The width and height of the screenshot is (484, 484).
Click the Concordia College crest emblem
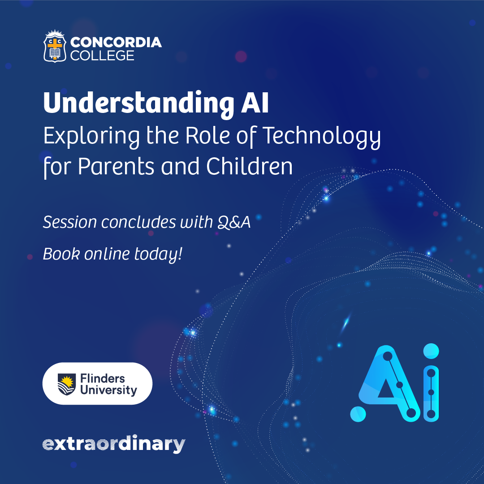click(55, 46)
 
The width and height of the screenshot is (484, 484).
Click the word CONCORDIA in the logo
click(116, 42)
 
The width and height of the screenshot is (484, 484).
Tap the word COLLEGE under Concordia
click(102, 56)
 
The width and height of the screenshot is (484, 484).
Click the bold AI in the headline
click(255, 103)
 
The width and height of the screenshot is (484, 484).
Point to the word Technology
click(322, 137)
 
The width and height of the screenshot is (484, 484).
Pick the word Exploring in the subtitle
click(91, 137)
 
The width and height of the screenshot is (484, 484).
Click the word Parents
click(116, 167)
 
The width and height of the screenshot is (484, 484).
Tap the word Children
click(249, 166)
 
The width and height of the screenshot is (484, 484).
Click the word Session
click(70, 222)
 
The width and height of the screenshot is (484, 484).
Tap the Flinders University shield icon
click(67, 385)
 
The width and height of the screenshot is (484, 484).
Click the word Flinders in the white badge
click(103, 378)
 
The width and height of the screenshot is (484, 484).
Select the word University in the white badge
click(108, 390)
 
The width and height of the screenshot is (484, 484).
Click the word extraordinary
click(113, 444)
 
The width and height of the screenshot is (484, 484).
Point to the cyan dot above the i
click(431, 351)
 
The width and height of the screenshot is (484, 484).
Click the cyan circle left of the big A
click(358, 414)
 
